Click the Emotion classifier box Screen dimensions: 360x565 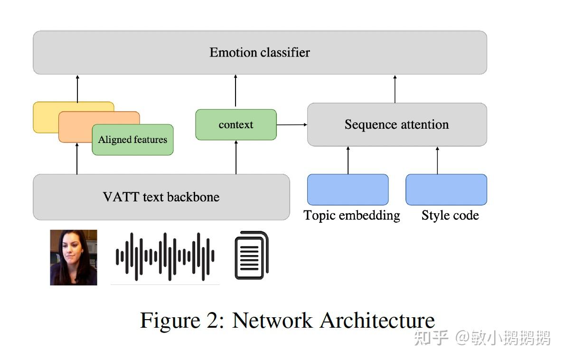click(260, 52)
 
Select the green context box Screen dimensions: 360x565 click(236, 125)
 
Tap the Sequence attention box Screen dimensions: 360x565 click(397, 124)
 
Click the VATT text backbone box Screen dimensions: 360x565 click(161, 197)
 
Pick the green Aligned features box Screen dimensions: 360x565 click(132, 140)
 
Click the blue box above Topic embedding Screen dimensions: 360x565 click(348, 189)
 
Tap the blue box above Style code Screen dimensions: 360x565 click(446, 189)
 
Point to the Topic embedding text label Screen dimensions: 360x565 click(352, 215)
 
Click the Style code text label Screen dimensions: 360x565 click(450, 215)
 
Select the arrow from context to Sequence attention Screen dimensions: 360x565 click(292, 125)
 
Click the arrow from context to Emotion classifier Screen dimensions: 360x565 click(235, 91)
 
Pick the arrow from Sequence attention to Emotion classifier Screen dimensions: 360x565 click(395, 89)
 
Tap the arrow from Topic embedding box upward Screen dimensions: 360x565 click(348, 160)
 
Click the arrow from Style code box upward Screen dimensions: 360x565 click(437, 160)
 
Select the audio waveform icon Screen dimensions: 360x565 click(165, 256)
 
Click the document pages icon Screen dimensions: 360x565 click(252, 255)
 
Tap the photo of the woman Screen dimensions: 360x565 click(74, 257)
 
